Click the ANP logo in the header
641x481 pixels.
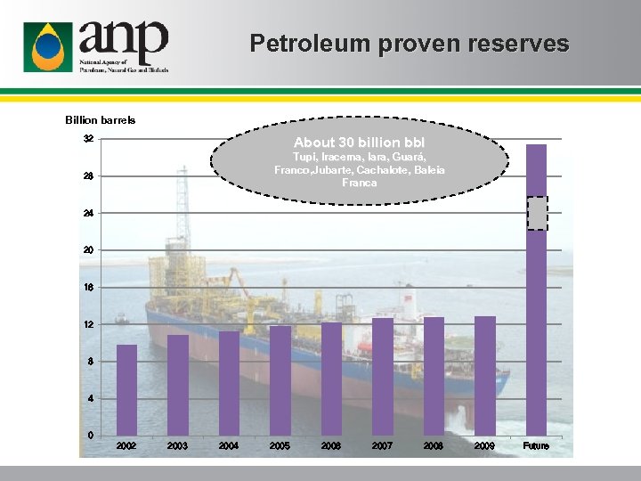pos(95,45)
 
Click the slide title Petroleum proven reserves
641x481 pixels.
pos(409,44)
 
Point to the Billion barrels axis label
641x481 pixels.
pos(101,120)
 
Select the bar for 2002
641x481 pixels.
pos(127,389)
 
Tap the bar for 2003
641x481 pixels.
pos(178,385)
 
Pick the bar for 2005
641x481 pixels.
pos(280,380)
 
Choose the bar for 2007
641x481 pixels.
pos(383,376)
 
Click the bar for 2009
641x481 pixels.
pos(485,375)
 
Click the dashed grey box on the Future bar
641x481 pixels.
pos(537,213)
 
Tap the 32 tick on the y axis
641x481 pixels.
pos(88,139)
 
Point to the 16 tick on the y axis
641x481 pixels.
pos(88,288)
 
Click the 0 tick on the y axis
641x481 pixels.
pos(91,435)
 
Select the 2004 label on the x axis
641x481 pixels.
pos(229,445)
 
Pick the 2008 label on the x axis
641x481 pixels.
pos(434,445)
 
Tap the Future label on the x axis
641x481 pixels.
pos(536,445)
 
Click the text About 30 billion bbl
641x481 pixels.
pos(360,143)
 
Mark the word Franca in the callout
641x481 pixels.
pos(360,183)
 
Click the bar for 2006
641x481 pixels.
pos(331,379)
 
